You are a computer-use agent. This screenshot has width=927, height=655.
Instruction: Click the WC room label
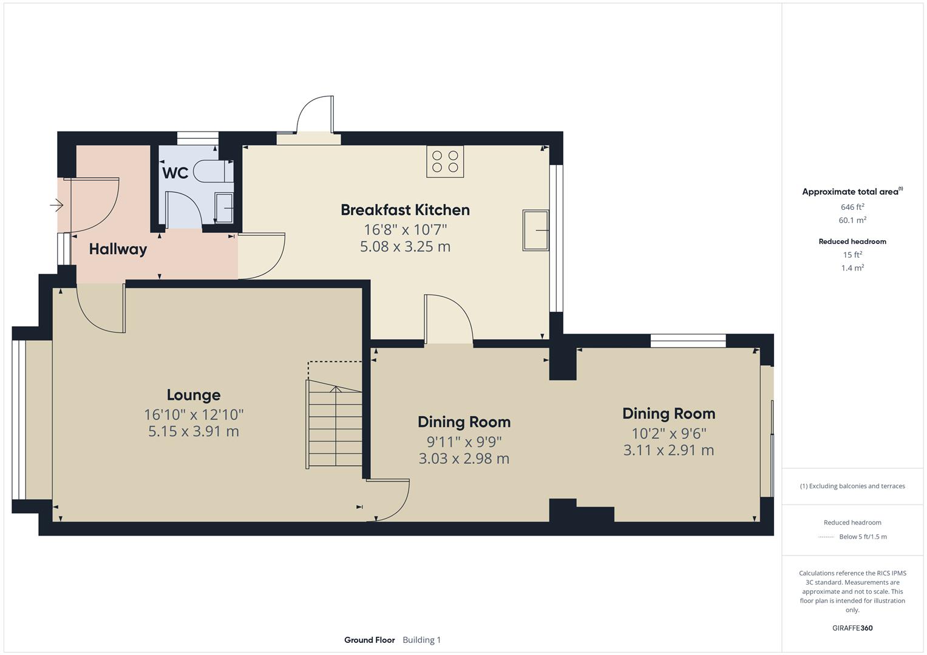coord(175,173)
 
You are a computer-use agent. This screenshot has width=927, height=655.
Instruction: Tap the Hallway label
coord(118,249)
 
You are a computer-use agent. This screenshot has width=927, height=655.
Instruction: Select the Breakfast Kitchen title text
coord(405,210)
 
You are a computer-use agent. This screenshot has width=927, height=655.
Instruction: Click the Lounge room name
coord(193,395)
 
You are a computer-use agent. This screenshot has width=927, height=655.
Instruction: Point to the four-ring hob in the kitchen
coord(445,161)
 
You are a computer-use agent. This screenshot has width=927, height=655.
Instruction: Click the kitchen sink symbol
coord(535,230)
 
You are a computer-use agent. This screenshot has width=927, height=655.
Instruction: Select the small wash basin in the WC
coord(224,209)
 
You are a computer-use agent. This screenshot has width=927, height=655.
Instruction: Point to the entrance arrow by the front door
coord(56,206)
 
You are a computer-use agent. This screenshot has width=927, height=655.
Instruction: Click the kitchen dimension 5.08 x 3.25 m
coord(405,247)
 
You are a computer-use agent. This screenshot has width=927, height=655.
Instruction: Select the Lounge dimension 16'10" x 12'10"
coord(193,415)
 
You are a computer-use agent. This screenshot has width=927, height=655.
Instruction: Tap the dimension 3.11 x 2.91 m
coord(668,450)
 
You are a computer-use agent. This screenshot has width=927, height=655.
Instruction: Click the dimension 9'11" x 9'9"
coord(464,442)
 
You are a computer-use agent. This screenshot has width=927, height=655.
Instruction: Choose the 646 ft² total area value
coord(852,207)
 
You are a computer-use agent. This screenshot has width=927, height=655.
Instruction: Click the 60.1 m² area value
coord(852,220)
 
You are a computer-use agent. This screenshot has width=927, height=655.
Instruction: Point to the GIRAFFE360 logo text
coord(852,628)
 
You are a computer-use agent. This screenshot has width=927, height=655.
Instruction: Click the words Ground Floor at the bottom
coord(369,640)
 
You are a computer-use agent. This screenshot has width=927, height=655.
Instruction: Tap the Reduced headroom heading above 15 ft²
coord(852,241)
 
